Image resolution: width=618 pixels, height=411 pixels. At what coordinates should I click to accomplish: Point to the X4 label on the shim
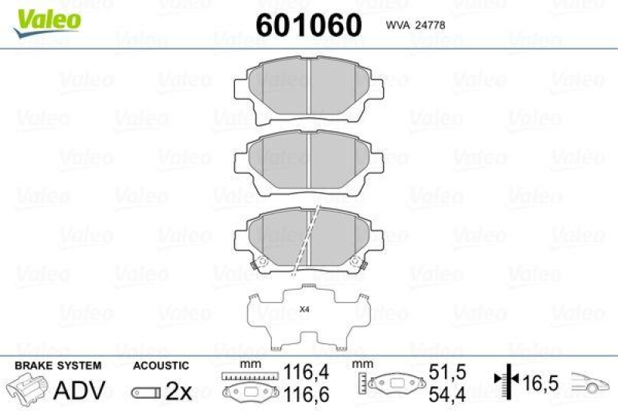click(304, 310)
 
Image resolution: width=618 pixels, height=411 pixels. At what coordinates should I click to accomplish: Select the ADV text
click(79, 390)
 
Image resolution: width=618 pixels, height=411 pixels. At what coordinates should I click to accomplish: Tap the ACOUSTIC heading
click(161, 366)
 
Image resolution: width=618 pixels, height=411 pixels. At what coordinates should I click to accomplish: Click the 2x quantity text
click(178, 391)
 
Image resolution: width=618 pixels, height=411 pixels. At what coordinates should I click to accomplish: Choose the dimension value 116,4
click(305, 372)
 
